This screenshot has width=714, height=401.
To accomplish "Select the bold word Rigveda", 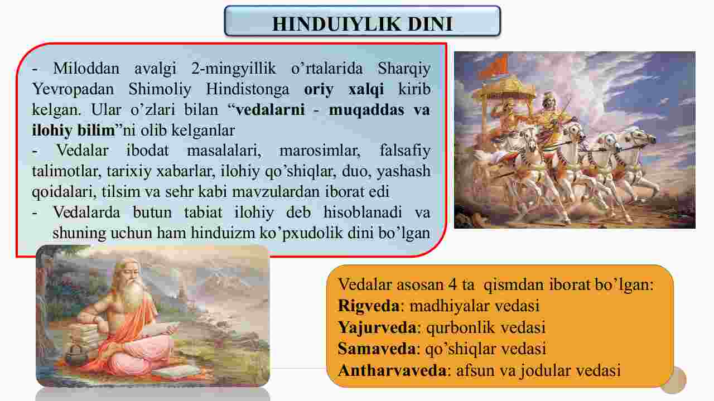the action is tap(369, 306).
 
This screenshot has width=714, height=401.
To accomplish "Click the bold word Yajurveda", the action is tap(377, 327).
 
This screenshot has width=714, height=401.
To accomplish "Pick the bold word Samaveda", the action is tap(377, 349).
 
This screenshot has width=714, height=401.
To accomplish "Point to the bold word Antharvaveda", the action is tap(392, 370).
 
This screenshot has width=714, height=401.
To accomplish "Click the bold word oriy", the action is tap(319, 90).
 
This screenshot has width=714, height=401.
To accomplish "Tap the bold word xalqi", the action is tap(366, 90).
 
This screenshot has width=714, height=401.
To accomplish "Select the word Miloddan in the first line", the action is tap(86, 69).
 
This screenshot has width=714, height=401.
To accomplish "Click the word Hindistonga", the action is tap(247, 90).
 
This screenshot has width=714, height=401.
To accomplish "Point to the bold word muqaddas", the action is tap(367, 110).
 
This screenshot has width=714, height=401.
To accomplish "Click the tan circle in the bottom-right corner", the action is tap(673, 380).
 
